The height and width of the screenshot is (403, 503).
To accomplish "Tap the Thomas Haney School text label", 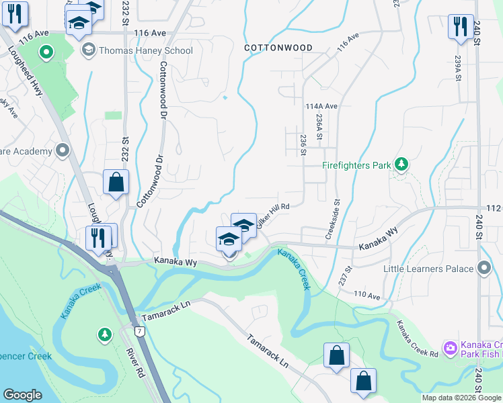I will tap(145, 50).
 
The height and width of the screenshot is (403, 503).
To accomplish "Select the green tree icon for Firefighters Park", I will tap(401, 164).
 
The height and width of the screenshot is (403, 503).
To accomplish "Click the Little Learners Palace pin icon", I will tap(484, 269).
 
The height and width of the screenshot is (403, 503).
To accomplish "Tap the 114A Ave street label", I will tap(321, 106).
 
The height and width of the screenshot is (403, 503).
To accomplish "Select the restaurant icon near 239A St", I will tap(461, 26).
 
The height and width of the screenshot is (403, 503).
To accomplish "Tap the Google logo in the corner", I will tap(22, 395).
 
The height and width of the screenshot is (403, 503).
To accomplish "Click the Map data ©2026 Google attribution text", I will tap(461, 398).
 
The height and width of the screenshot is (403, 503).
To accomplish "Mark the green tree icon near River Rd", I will tap(104, 334).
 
